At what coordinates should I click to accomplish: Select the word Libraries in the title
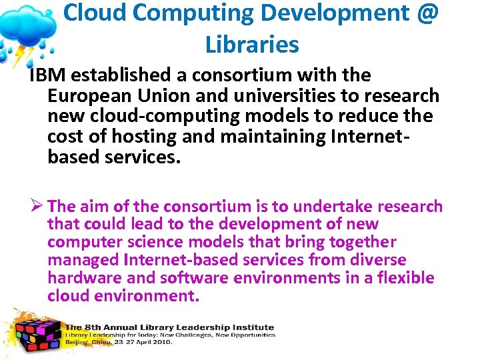tap(252, 45)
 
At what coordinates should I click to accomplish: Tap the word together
tap(359, 242)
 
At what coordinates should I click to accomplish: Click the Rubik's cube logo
tap(37, 332)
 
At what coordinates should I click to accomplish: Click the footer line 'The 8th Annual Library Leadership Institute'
tap(169, 327)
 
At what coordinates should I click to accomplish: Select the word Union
tap(159, 96)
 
